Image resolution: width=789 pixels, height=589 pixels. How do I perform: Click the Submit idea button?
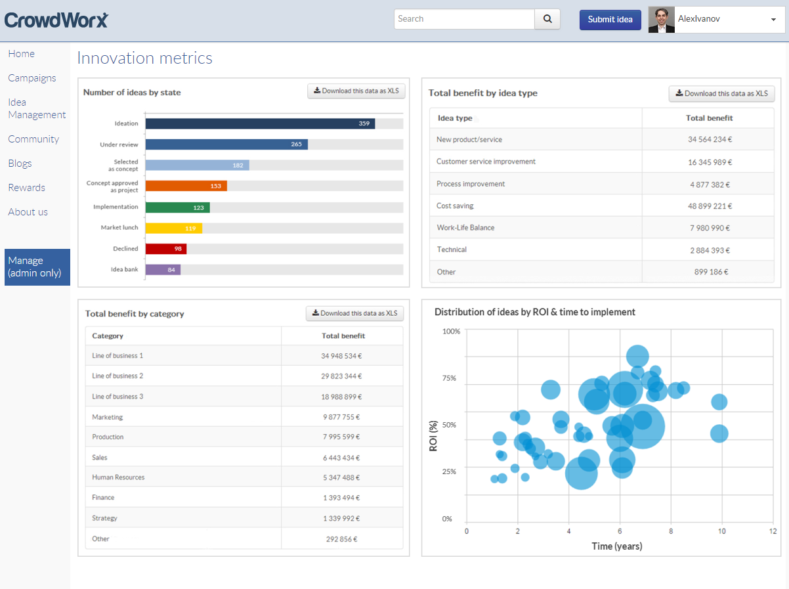coord(610,20)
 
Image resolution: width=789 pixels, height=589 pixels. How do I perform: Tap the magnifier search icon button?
coord(547,19)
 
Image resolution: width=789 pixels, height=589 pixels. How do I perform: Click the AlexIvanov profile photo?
coord(661,20)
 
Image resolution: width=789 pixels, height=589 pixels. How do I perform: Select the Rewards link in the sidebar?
coord(27,188)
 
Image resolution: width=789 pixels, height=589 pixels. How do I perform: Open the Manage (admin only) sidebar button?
coord(37,267)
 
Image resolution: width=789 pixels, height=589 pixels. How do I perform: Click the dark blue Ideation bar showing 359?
coord(260,123)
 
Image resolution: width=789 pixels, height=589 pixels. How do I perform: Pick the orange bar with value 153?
coord(186,186)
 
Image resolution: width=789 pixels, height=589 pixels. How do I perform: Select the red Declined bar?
coord(166,249)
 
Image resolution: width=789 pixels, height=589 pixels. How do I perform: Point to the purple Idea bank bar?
coord(163,269)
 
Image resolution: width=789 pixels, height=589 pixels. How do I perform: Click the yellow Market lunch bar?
coord(173,228)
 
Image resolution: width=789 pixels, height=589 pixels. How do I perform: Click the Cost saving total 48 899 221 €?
coord(710,206)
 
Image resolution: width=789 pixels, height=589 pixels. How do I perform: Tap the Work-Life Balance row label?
coord(465,228)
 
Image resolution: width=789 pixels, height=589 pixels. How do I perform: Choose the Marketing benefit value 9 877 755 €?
coord(341,417)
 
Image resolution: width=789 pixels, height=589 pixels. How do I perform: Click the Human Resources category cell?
coord(118,477)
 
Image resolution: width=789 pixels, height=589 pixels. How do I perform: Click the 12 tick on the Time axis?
coord(773,531)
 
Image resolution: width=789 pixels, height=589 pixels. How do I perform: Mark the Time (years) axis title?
coord(617,546)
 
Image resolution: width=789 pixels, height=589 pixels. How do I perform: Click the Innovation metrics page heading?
coord(145,58)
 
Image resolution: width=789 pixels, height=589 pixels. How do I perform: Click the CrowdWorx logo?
coord(56,20)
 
